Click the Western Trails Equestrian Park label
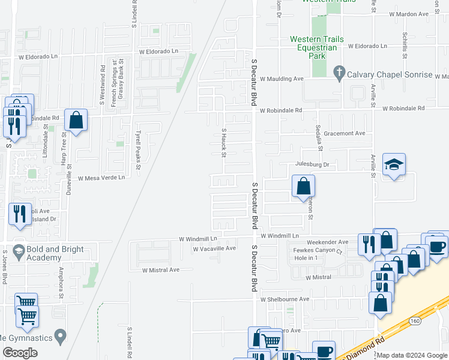317,47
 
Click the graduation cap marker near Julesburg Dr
394,165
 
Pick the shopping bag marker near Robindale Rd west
76,120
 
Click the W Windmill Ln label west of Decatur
197,239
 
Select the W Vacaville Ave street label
214,248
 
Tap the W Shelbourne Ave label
285,299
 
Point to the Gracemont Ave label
345,133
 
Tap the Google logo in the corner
20,353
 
